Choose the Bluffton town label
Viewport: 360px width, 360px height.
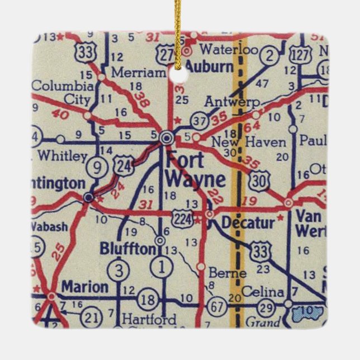tap(127, 249)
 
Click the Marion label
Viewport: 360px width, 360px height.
tap(84, 287)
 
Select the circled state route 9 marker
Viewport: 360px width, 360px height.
tap(98, 167)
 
